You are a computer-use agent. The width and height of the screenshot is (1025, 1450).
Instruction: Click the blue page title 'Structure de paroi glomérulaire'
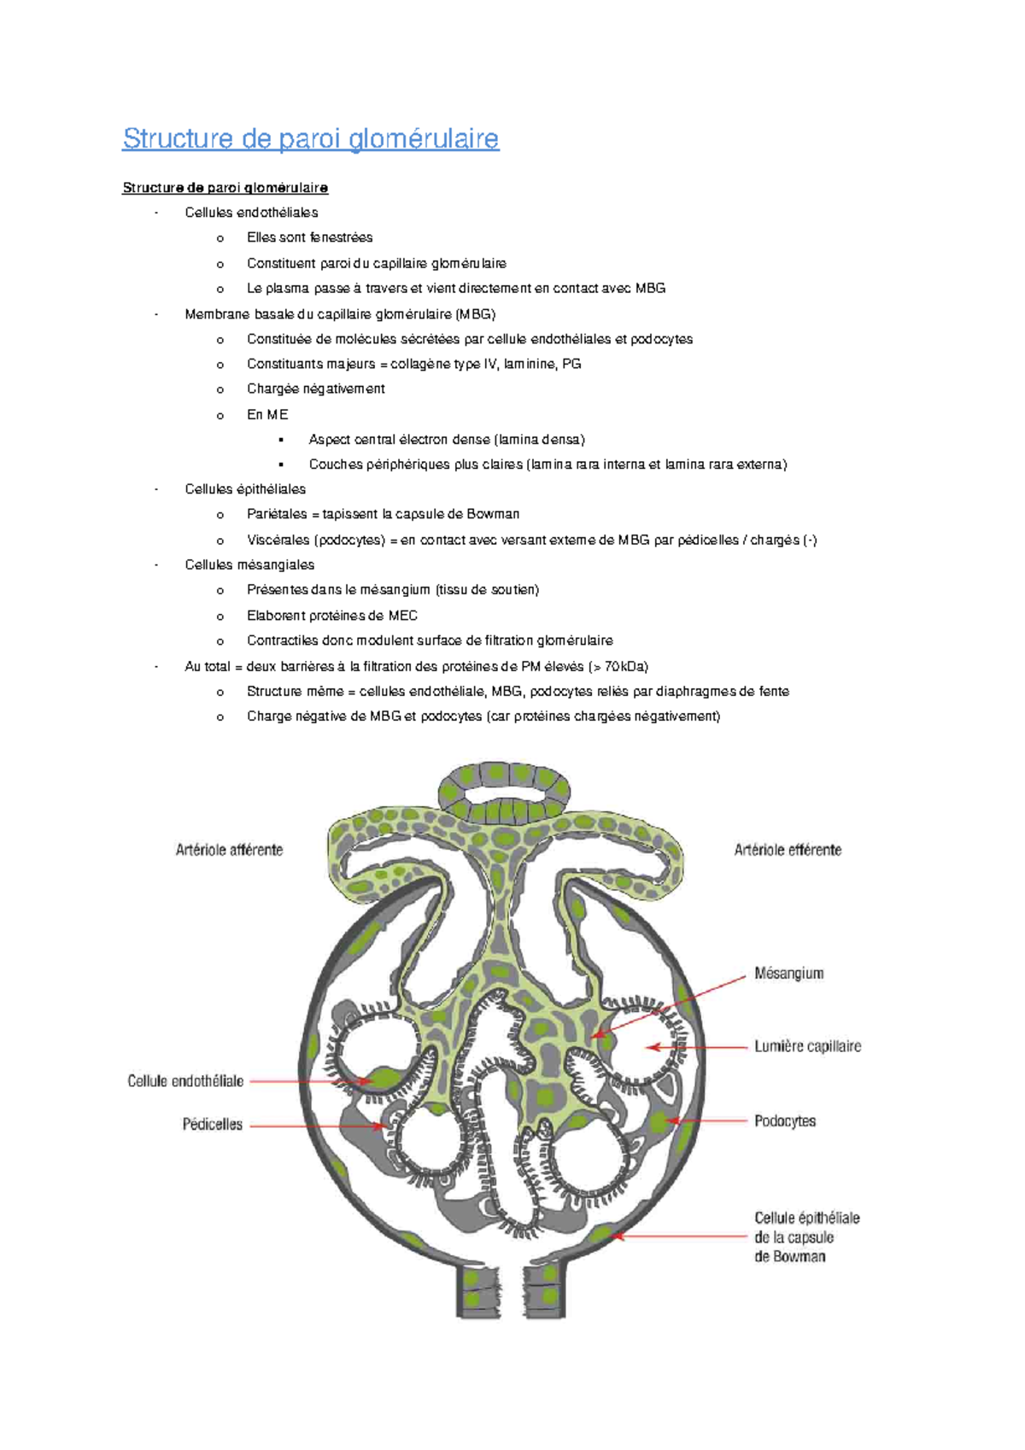[310, 138]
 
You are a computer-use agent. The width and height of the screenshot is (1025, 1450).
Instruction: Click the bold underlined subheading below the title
[225, 188]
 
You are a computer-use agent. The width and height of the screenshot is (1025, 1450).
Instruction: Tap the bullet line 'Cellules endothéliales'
[251, 213]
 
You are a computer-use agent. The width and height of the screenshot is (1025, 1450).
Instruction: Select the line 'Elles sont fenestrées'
[309, 237]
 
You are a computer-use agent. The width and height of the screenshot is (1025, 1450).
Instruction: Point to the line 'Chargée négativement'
[315, 389]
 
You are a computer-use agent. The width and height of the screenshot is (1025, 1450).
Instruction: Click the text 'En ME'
[267, 414]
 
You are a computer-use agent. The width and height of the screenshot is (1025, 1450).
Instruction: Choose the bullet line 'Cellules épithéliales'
[245, 489]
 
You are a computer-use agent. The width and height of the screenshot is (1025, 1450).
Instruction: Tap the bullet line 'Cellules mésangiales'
[249, 564]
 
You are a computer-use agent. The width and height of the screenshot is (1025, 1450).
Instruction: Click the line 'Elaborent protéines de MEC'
[331, 616]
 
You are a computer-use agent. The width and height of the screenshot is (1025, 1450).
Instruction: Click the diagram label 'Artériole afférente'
[229, 850]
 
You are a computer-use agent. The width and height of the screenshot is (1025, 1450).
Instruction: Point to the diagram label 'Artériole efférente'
[788, 850]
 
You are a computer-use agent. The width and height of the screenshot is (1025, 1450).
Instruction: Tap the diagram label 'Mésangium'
[788, 973]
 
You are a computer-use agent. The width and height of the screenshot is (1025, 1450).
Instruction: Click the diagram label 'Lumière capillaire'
[807, 1046]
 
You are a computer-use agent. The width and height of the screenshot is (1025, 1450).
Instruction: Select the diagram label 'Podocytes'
[784, 1121]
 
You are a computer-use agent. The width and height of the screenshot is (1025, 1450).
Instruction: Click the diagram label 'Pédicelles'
[212, 1125]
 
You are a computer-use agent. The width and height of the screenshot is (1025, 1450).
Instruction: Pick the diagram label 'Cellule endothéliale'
[185, 1081]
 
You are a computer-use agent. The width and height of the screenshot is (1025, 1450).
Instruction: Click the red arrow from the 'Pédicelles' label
[316, 1126]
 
